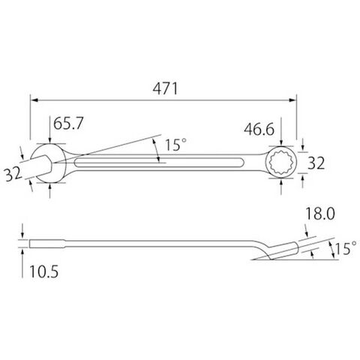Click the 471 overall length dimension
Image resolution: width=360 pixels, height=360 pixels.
coord(165,88)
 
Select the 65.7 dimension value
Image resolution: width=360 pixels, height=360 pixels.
coord(68,123)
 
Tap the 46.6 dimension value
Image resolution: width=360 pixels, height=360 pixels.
coord(259,129)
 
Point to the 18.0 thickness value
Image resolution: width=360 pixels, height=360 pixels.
coord(320,214)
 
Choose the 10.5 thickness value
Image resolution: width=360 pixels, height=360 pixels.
coord(44,271)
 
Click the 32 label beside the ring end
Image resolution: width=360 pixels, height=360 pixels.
coord(316,163)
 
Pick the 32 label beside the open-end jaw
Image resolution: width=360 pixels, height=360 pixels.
coord(13,174)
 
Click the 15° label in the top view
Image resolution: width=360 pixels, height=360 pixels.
coord(175,145)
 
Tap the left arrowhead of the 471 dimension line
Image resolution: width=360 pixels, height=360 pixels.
coord(34,100)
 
